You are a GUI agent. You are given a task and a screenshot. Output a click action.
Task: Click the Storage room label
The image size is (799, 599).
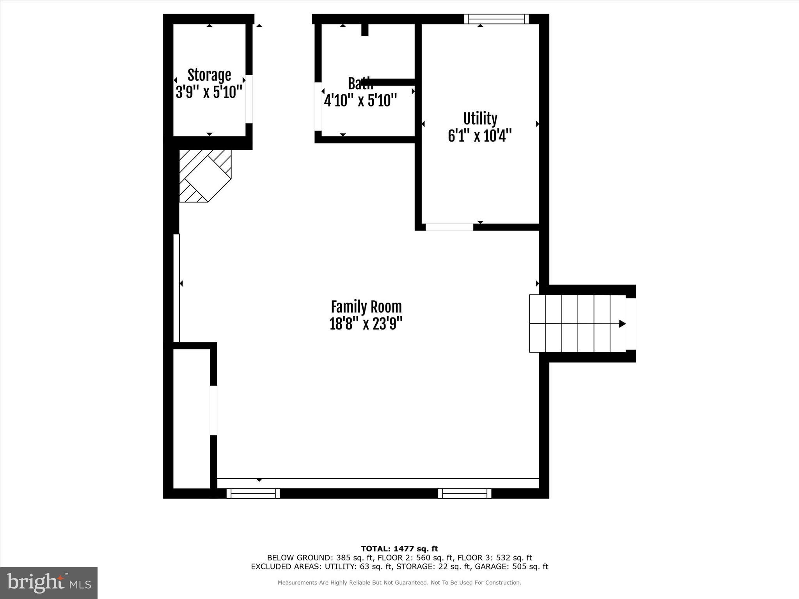tap(209, 75)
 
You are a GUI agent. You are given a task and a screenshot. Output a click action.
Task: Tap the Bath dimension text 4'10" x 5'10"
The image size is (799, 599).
tap(360, 101)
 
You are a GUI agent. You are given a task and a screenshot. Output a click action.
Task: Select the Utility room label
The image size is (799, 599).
tap(480, 119)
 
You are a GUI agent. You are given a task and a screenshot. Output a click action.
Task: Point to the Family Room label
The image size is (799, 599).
tap(366, 307)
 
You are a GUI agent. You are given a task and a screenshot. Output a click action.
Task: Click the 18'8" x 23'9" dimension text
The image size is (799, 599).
tap(366, 324)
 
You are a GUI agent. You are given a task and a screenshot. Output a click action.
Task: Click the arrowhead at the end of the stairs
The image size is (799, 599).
tap(622, 324)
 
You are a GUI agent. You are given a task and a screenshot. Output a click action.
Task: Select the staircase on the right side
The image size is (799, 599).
tap(577, 324)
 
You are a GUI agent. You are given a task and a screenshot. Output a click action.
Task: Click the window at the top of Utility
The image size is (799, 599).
tap(496, 19)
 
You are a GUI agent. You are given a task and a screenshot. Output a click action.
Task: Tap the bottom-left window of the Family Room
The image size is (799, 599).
tap(253, 494)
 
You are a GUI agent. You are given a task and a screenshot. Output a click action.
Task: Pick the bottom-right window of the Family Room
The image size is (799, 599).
tap(464, 494)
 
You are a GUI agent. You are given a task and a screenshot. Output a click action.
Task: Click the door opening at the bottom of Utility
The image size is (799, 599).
tap(449, 227)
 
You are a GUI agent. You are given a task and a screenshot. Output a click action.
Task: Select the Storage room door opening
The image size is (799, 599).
tap(249, 99)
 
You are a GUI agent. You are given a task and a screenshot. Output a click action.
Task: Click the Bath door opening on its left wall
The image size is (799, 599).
tap(318, 106)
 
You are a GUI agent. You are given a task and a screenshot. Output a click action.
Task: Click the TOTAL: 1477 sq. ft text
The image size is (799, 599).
tap(399, 549)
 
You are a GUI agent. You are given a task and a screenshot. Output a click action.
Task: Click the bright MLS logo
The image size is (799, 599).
tap(49, 583)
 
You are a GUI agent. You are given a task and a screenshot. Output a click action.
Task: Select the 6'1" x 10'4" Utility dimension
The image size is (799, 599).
tap(480, 136)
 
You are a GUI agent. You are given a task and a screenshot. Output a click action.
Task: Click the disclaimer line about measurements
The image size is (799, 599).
tap(399, 583)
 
